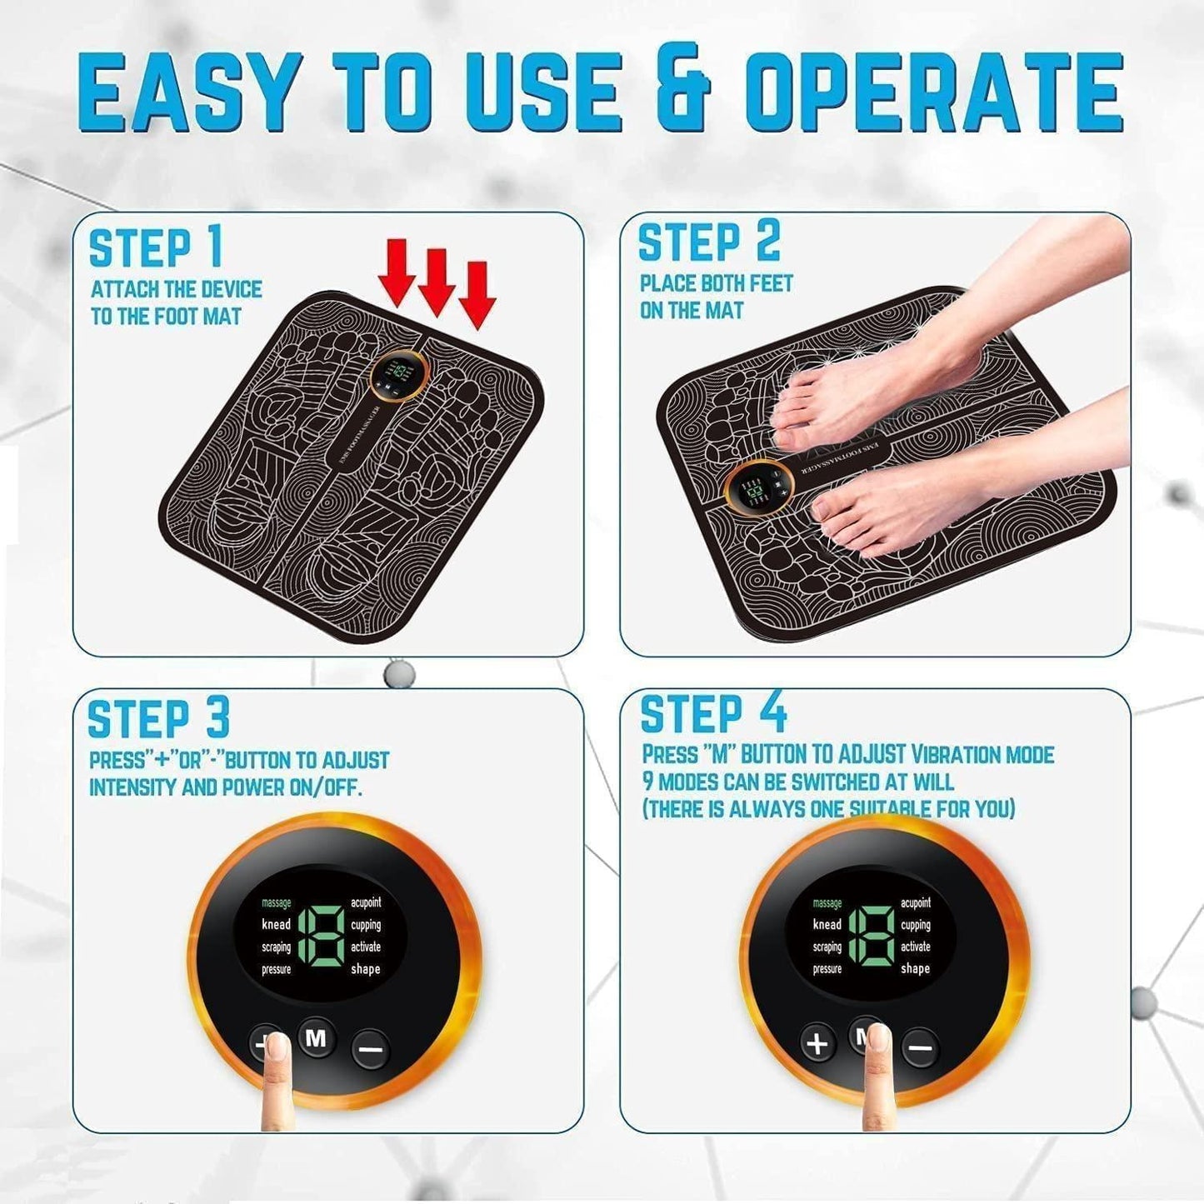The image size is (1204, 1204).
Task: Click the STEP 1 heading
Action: (x=156, y=247)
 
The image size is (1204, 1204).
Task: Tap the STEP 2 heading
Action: (x=709, y=242)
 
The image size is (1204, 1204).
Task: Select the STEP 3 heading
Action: (x=158, y=719)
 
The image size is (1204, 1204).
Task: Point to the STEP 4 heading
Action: (x=713, y=714)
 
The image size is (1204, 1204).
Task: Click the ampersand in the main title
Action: (x=682, y=92)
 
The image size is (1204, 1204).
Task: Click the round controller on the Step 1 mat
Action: (x=397, y=374)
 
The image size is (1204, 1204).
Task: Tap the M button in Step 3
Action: (x=317, y=1038)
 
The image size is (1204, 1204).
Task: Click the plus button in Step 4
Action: (x=818, y=1043)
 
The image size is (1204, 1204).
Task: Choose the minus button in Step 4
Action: (x=920, y=1047)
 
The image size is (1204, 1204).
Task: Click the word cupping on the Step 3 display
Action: (x=366, y=925)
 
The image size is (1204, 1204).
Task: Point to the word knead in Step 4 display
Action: (x=827, y=925)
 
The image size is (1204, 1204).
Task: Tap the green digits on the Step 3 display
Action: (x=320, y=935)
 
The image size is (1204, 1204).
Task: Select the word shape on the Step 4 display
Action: (x=915, y=969)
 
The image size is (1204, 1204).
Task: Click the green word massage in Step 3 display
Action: (x=277, y=903)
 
